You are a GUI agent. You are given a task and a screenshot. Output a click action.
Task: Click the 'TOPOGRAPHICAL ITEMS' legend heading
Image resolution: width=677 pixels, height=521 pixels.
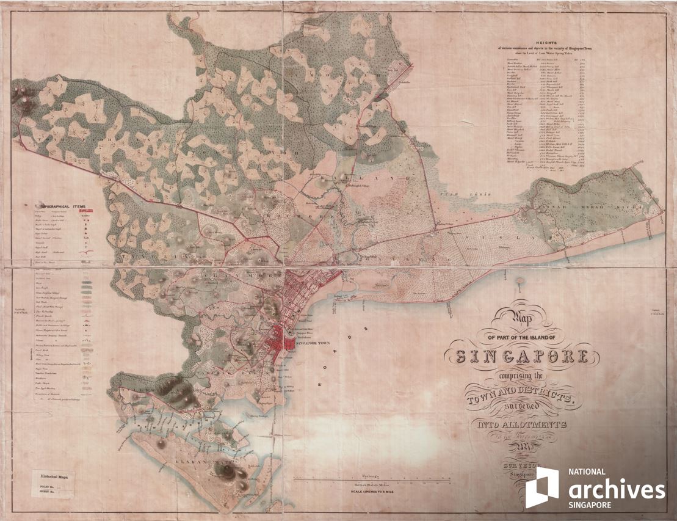point(64,206)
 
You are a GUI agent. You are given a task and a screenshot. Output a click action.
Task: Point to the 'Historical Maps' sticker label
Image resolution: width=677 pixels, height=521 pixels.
point(54,472)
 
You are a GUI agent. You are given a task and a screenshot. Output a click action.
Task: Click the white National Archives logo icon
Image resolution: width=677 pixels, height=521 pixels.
point(541,487)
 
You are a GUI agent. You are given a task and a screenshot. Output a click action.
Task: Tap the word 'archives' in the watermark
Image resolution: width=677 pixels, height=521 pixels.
point(617,490)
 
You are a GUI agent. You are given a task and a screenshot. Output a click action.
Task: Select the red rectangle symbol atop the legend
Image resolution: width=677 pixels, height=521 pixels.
point(87,216)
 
